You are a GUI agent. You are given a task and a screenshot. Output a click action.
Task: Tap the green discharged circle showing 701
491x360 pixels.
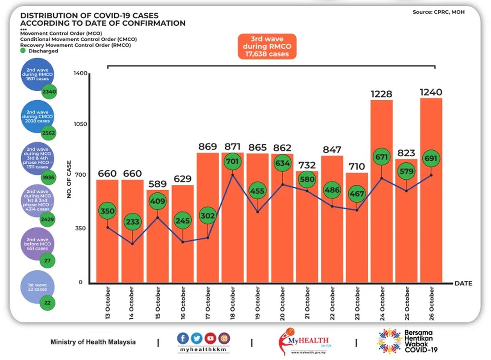coord(232,161)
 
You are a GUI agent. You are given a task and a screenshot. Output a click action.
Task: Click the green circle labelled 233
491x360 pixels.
coord(133,222)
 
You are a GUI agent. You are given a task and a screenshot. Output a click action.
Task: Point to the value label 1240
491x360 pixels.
coord(431,92)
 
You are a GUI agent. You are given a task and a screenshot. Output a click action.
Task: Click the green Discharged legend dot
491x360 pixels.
coord(23,51)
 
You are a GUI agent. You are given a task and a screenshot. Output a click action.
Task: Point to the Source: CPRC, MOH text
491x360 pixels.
coord(438,12)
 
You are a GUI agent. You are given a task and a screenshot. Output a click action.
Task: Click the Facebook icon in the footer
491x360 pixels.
coord(183,338)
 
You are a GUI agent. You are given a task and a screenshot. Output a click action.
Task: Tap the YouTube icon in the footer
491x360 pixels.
coord(210,338)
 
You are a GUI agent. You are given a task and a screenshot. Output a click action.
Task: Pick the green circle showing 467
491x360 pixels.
coord(356,193)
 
